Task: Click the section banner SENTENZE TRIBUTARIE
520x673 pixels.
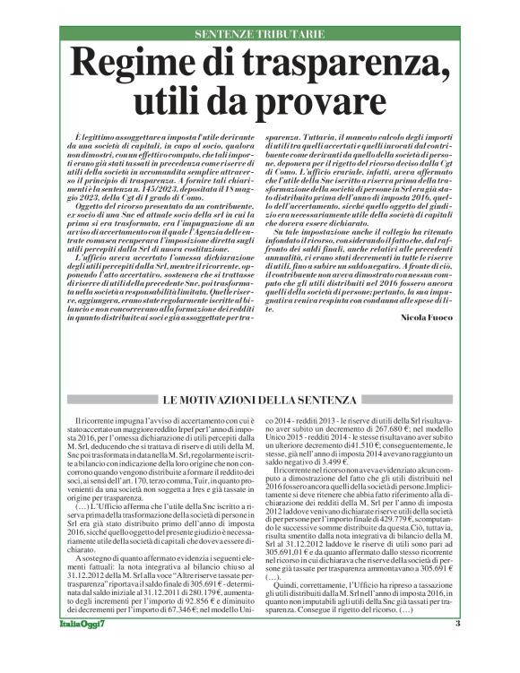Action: pos(259,34)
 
